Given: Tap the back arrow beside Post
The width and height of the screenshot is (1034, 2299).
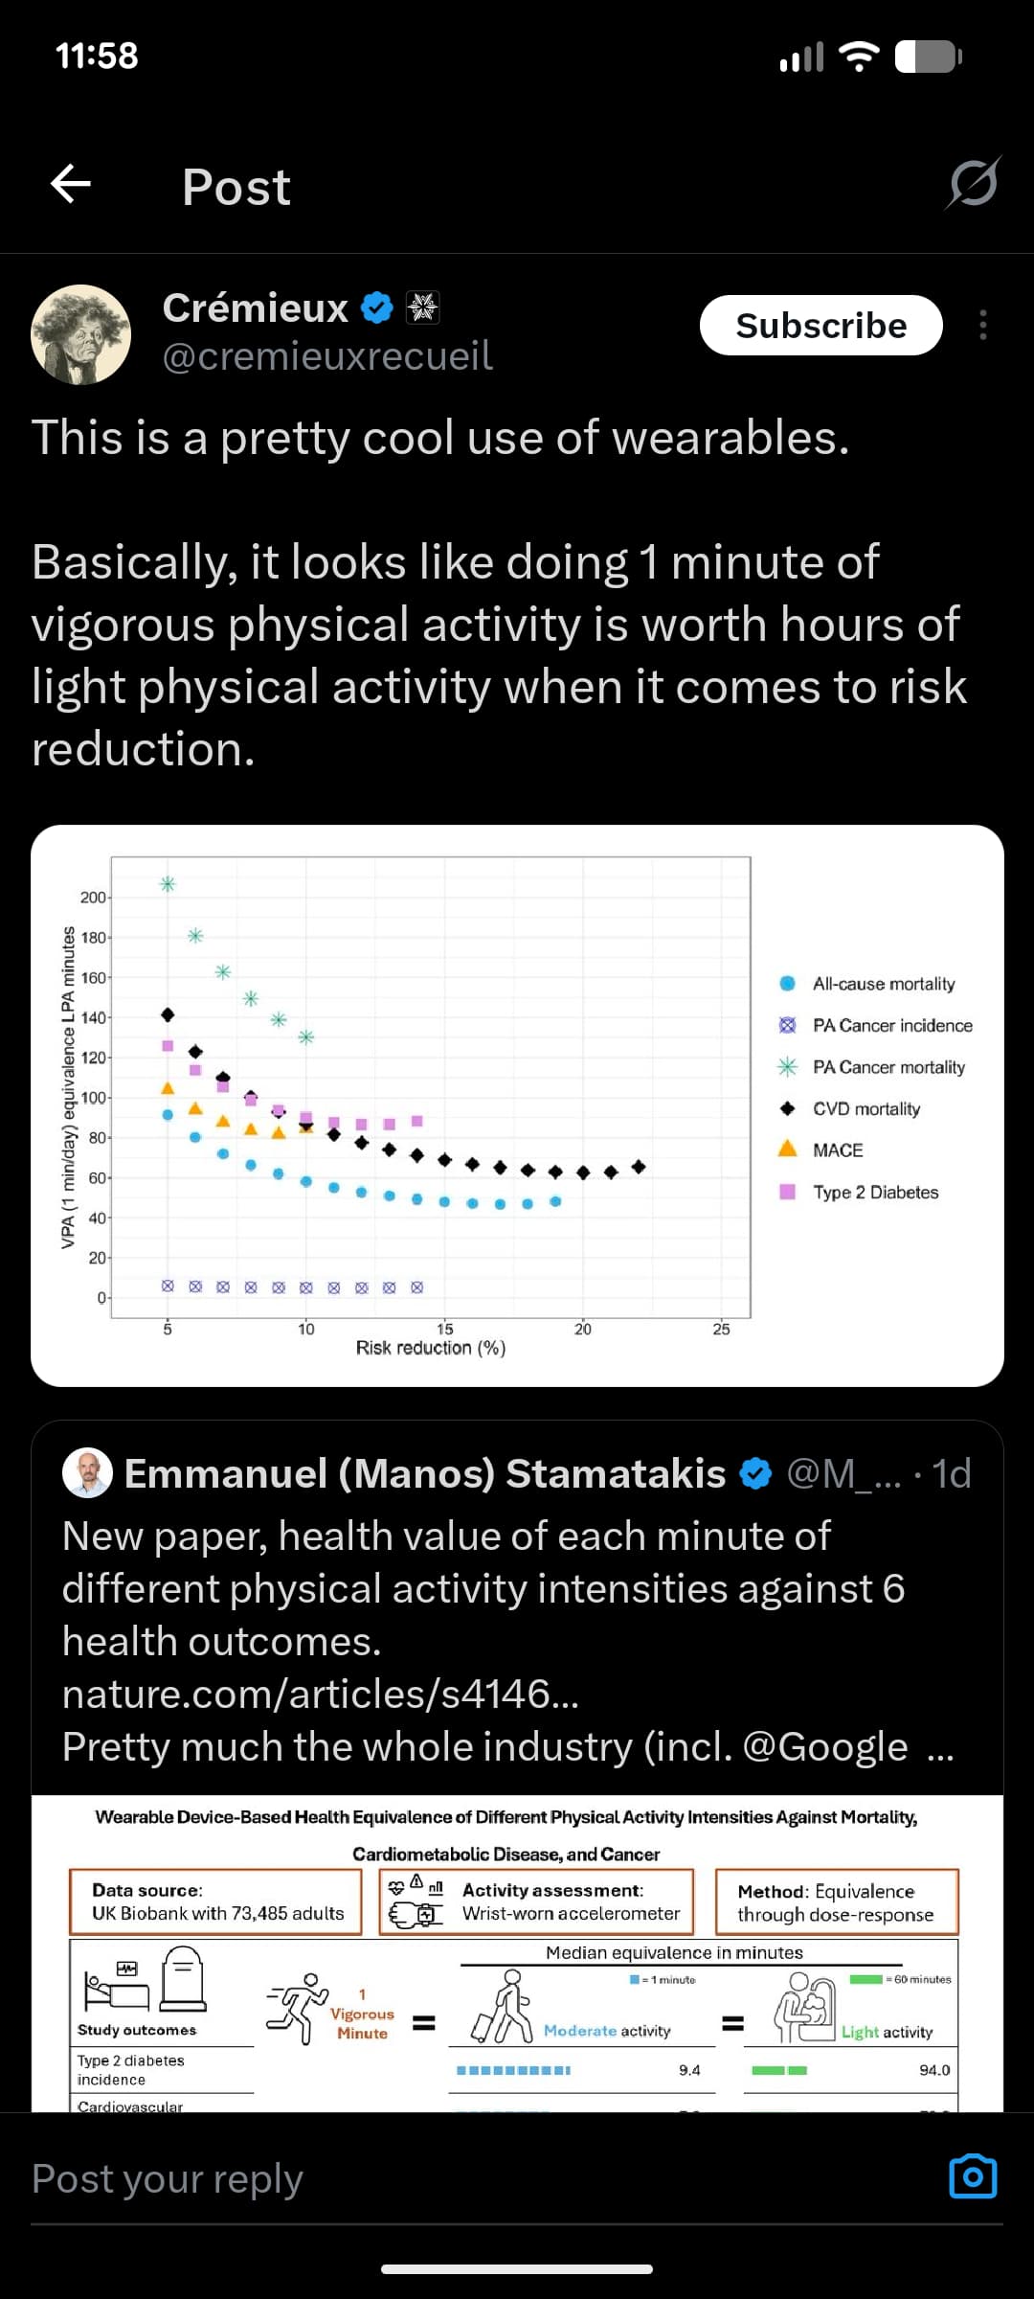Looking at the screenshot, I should tap(71, 184).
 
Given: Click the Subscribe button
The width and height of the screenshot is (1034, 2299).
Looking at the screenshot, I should tap(820, 326).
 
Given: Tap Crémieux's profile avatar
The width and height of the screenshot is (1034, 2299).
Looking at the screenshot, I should tap(81, 334).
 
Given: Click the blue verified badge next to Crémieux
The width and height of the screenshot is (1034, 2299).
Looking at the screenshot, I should tap(377, 307).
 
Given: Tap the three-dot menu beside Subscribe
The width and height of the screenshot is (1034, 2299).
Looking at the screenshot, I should tap(982, 326).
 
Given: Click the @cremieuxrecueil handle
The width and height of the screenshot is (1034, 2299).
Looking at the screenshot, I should tap(327, 356).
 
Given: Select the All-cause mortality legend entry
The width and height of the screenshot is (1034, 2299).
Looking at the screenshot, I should tap(883, 984).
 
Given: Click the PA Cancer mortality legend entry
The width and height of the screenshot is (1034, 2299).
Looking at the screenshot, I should tap(888, 1067).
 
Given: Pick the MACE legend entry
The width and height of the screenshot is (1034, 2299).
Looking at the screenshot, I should tap(837, 1150).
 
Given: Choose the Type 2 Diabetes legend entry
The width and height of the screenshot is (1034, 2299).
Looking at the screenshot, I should tap(875, 1193).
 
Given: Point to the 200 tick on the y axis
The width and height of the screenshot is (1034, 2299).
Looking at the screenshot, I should tap(93, 898).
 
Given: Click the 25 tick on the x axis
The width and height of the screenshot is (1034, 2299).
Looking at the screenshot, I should tap(721, 1330).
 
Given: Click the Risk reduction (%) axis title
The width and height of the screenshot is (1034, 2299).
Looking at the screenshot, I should tap(431, 1348).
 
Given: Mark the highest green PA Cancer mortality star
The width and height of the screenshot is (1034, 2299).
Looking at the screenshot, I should tap(168, 884).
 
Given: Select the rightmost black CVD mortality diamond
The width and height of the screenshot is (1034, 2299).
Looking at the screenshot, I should tap(639, 1167).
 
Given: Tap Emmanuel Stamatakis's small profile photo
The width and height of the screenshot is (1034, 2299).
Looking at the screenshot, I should tap(87, 1472).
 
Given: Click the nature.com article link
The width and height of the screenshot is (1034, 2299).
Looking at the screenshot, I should tap(320, 1694).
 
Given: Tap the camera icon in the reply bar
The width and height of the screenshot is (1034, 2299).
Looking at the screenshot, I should tap(973, 2177).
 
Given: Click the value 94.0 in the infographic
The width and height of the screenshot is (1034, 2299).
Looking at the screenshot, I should tap(934, 2070).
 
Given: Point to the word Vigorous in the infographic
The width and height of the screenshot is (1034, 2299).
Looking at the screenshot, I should tap(362, 2014).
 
